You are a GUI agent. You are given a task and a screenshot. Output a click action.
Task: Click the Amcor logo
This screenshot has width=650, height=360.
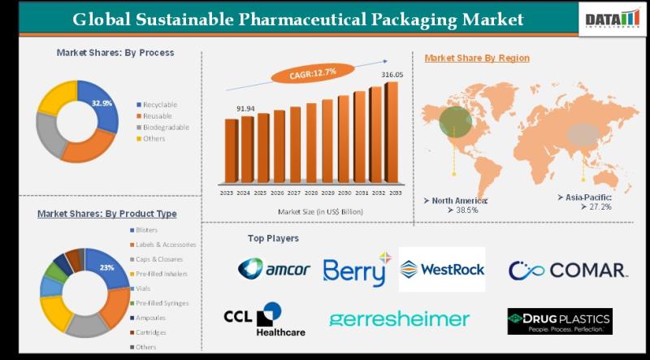coord(274,269)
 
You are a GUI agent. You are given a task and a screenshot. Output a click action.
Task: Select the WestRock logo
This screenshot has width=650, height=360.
coord(442,269)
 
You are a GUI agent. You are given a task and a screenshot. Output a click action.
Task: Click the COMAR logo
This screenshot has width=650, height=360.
coord(567,270)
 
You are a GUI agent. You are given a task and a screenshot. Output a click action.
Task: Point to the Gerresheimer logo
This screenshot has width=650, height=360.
coord(398,319)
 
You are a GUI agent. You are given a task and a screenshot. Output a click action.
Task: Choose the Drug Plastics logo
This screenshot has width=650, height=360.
coord(559,320)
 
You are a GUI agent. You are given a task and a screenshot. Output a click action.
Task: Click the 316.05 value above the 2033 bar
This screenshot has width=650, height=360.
coord(392,75)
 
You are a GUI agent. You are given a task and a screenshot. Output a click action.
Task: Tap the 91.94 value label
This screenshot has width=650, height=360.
coord(246,108)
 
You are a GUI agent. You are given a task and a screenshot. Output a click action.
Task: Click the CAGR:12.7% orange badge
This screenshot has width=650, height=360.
coord(313,73)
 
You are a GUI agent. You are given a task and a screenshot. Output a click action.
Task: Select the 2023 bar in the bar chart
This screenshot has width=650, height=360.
coord(232,153)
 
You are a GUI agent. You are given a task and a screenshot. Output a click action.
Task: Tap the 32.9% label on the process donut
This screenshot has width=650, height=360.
coord(102,103)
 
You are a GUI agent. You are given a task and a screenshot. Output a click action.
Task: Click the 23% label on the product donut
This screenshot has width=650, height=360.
coord(106,267)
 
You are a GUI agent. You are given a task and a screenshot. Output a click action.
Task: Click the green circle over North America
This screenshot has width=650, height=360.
coord(455,122)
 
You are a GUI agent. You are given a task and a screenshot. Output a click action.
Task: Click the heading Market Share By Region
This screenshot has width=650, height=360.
coord(477,58)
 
